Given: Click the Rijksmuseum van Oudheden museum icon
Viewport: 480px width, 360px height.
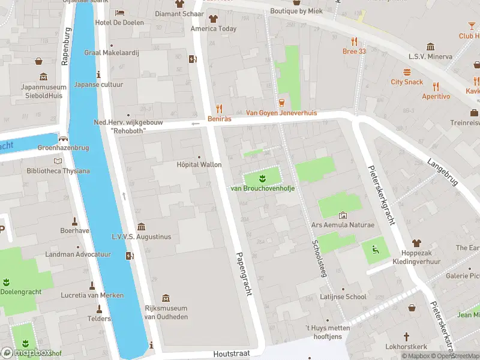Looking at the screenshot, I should point(166,298).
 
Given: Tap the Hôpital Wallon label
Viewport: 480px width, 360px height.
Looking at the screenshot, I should point(199,164).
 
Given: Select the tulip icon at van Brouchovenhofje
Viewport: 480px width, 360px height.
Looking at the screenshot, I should point(262,178).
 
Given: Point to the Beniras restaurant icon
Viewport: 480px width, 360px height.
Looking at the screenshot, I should point(220,109).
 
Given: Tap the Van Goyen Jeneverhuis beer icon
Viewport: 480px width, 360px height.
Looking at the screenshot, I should point(282,103).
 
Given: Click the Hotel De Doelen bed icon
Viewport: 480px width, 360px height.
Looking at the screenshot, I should point(119,13).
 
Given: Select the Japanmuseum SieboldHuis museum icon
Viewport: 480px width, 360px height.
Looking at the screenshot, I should point(43,77).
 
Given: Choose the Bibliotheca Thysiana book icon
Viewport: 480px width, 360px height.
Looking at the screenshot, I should point(58,161).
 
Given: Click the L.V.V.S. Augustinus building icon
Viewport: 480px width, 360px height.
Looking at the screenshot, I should point(141,227).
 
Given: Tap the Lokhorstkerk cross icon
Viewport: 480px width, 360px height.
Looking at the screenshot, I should point(406,337).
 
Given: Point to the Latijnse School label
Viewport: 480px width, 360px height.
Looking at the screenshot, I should point(343,296).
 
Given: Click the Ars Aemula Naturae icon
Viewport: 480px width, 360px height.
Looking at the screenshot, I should point(343,215).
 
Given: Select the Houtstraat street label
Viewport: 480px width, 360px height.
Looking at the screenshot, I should point(231,354).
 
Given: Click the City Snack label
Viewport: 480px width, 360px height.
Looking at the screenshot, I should point(407,82).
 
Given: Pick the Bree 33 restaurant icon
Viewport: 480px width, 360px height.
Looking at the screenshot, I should point(354,41).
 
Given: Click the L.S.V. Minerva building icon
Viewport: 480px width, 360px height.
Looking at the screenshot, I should point(430,46).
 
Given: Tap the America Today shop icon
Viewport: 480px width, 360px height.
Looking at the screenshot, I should point(213,19).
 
